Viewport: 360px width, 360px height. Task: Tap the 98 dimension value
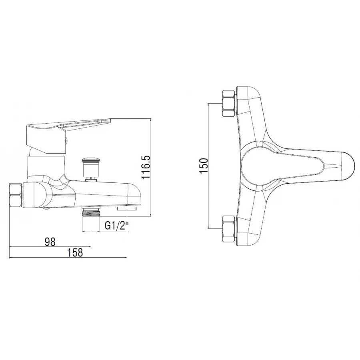tap(50, 242)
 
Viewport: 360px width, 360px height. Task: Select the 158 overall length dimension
tap(75, 252)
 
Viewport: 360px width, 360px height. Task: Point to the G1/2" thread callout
tap(116, 226)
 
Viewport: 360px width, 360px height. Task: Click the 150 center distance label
tap(204, 166)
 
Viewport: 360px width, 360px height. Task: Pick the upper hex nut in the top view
tap(229, 103)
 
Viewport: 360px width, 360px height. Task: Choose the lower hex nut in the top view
tap(229, 229)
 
